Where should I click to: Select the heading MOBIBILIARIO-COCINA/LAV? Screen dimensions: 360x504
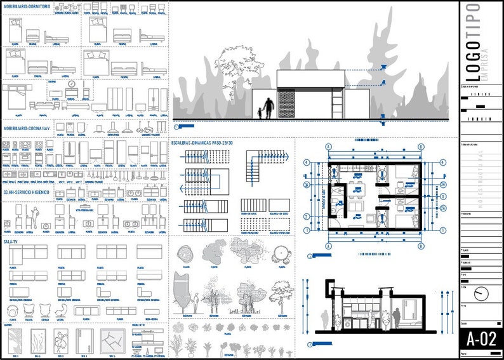(x=27, y=128)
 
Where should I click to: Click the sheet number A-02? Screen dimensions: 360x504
(x=481, y=338)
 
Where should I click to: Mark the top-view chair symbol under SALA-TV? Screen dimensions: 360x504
(x=13, y=310)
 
